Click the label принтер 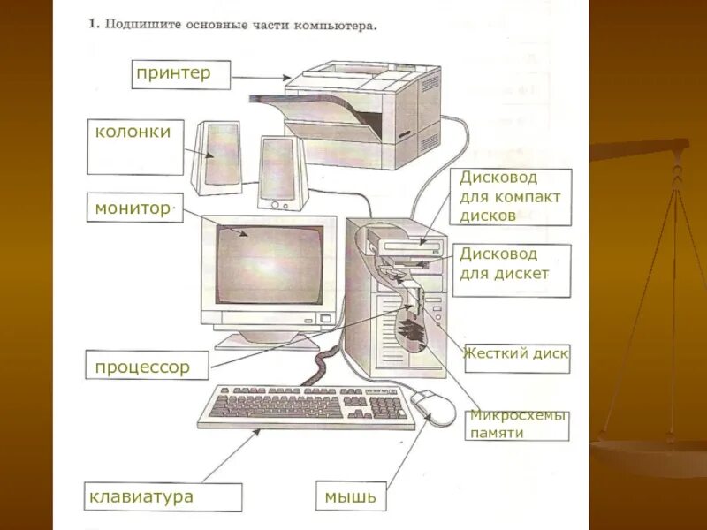173,73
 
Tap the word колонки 133,132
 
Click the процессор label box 142,367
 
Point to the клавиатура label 141,496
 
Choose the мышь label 350,496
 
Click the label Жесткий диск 516,359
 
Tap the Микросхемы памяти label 516,425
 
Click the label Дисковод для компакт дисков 510,197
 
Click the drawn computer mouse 433,405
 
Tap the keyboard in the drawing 305,406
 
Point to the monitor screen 270,264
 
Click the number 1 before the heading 92,24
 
